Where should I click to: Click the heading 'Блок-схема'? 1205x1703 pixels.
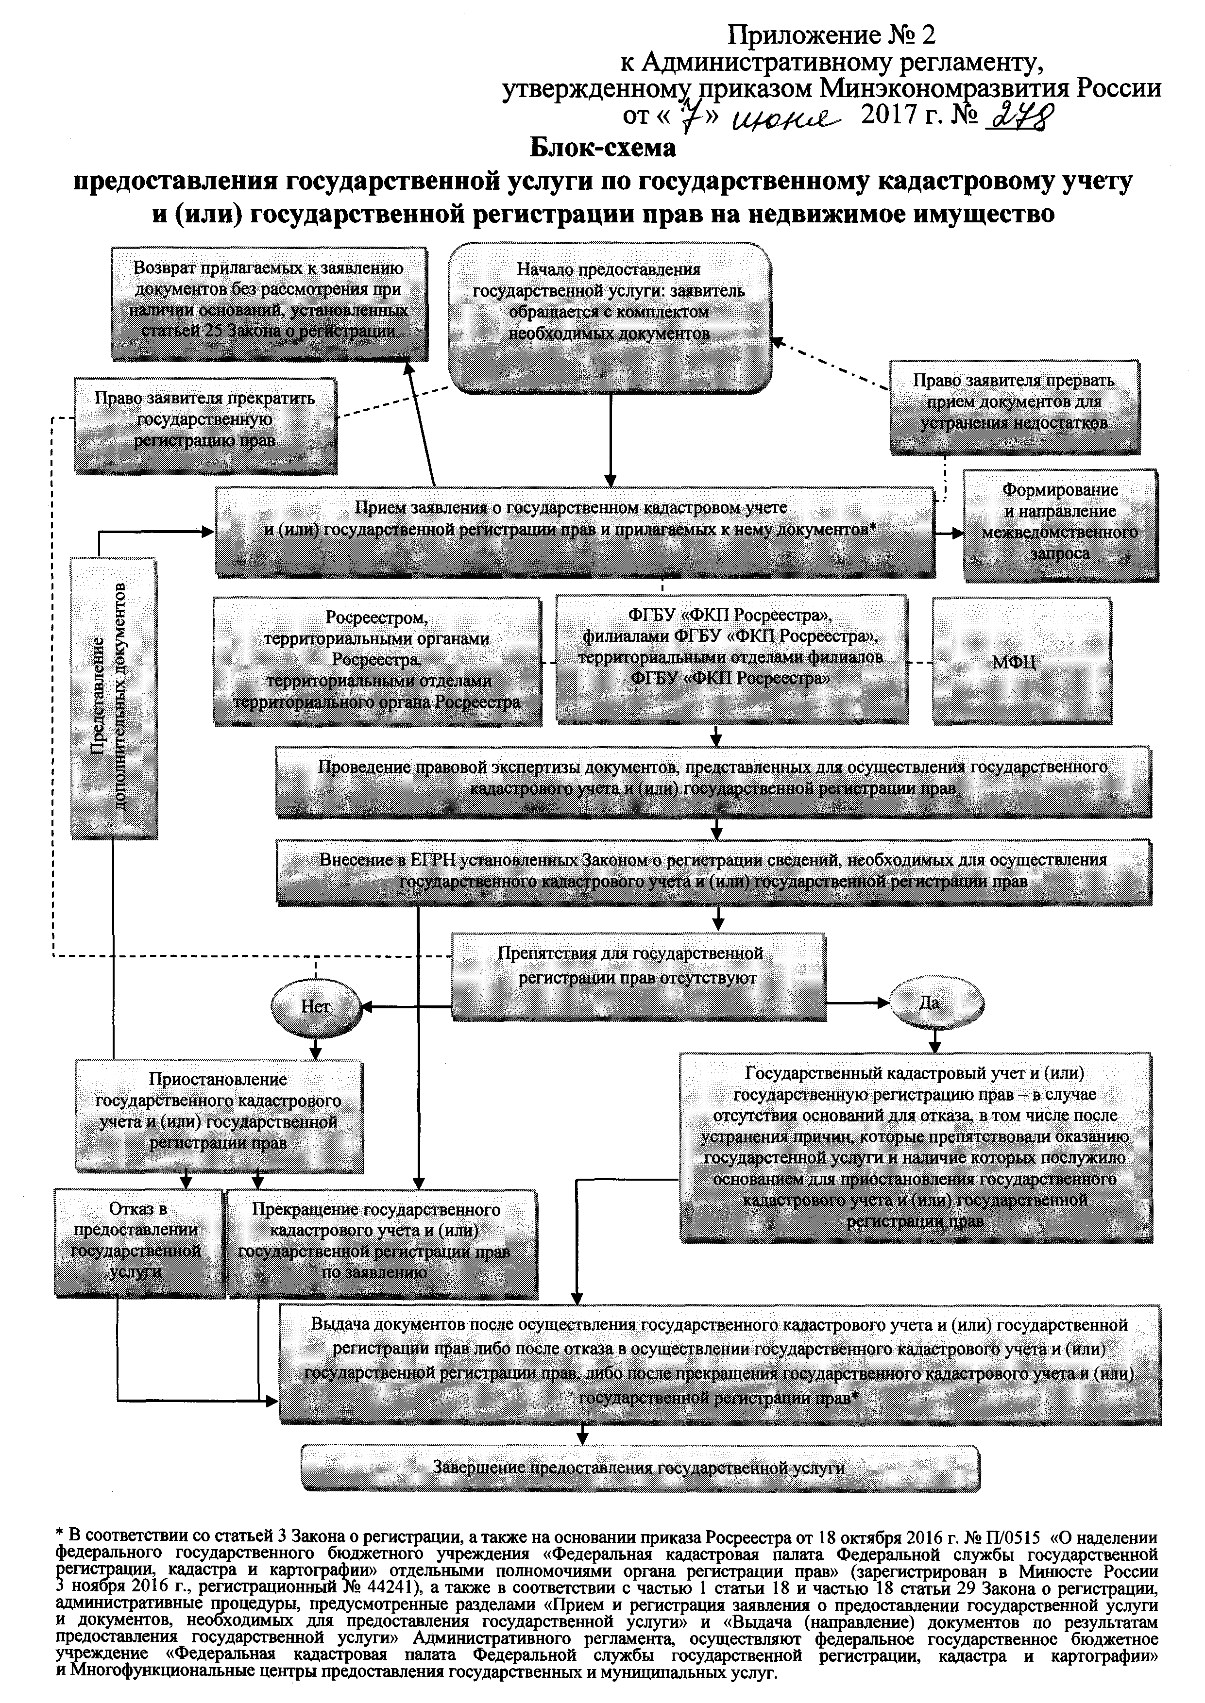click(x=602, y=149)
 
